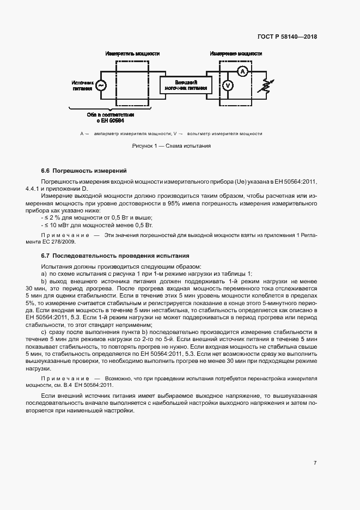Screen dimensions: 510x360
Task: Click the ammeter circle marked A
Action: [244, 71]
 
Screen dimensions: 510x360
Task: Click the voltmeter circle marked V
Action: [229, 86]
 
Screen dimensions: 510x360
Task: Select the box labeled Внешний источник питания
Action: [186, 84]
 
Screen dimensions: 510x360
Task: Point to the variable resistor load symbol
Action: [266, 86]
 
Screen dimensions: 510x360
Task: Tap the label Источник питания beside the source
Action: [83, 86]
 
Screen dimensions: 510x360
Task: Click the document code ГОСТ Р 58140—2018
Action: [286, 37]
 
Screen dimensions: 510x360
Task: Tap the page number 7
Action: [315, 463]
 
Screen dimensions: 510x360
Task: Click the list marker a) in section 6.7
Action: [44, 273]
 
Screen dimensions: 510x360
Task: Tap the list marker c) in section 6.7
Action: [44, 331]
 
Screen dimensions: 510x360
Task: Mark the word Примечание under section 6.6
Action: [66, 235]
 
